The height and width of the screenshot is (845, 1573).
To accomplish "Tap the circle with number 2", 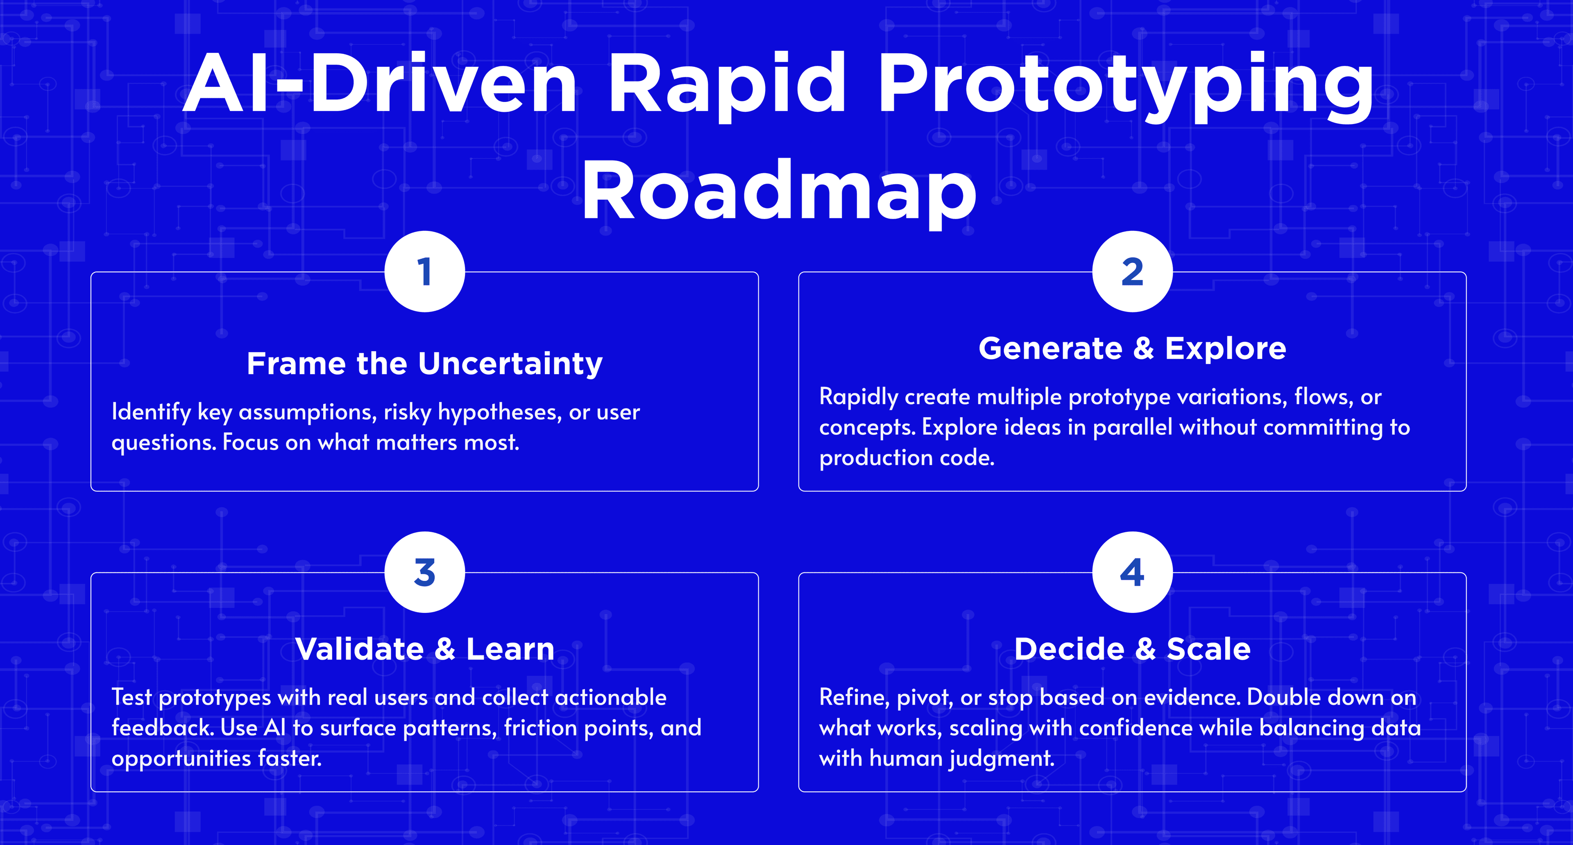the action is coord(1132,271).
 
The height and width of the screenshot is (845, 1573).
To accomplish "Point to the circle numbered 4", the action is coord(1132,572).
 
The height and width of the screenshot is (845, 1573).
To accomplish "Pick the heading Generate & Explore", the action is coord(1132,348).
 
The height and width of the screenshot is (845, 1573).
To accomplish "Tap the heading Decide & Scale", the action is coord(1132,649).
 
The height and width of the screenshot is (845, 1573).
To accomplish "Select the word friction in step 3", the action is coord(538,728).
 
